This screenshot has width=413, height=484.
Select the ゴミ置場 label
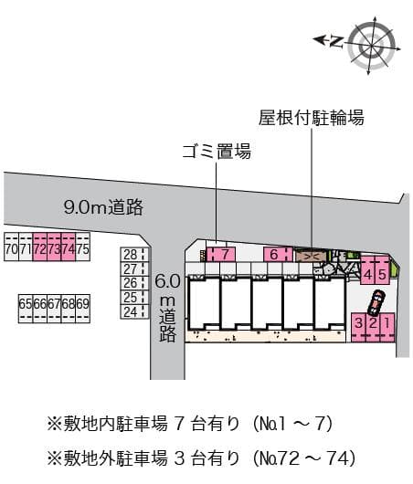coord(217,151)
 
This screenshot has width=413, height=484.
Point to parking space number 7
coord(225,254)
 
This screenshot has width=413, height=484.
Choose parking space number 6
coord(273,254)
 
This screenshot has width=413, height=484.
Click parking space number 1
coord(387,323)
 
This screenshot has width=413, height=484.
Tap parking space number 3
coord(359,323)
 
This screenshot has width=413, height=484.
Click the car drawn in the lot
coord(376,300)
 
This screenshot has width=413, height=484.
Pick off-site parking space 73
coord(53,248)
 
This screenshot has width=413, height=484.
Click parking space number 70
coord(10,248)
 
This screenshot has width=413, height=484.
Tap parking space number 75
coord(82,248)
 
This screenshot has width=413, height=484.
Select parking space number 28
coord(131,255)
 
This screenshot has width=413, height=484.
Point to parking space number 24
coord(131,311)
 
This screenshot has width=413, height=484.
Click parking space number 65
coord(25,303)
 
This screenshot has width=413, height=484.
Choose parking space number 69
coord(82,303)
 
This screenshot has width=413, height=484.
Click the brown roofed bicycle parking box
coord(309,256)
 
